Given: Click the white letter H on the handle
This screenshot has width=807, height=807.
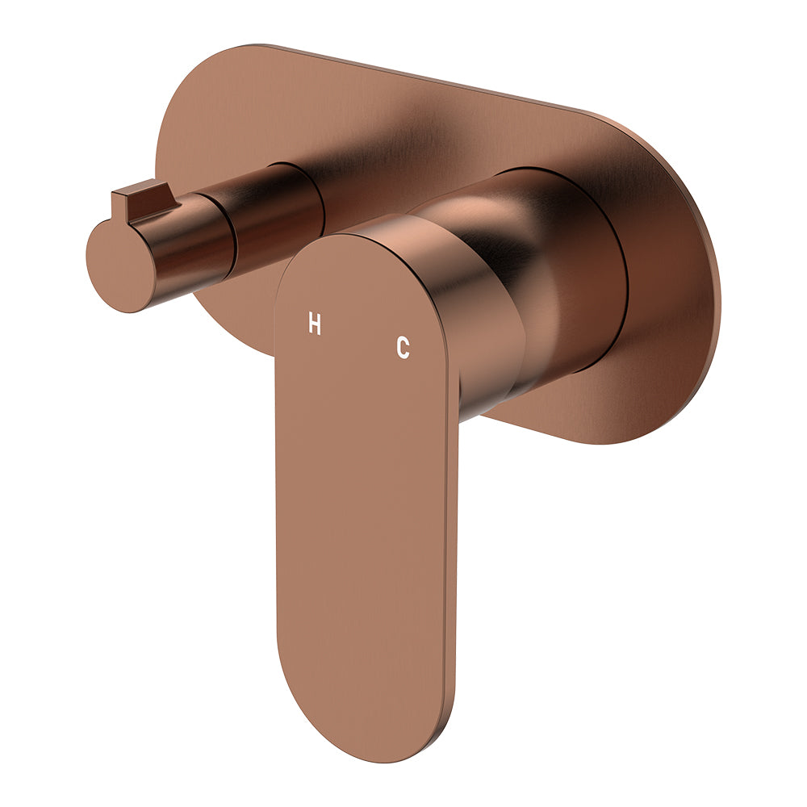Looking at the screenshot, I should [x=315, y=324].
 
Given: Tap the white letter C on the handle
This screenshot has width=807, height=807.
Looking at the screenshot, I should [x=403, y=348].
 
